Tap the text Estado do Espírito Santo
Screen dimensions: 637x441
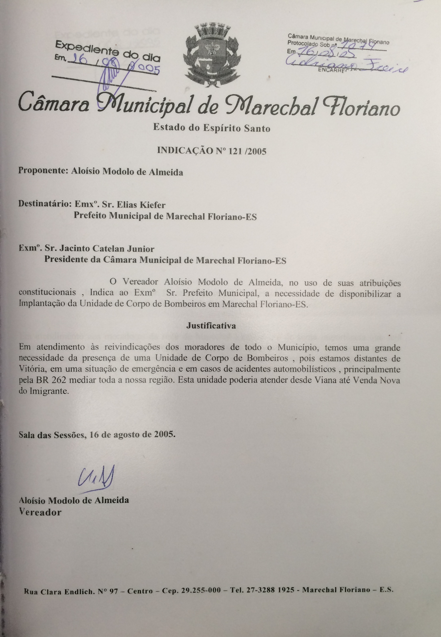click(x=212, y=128)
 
